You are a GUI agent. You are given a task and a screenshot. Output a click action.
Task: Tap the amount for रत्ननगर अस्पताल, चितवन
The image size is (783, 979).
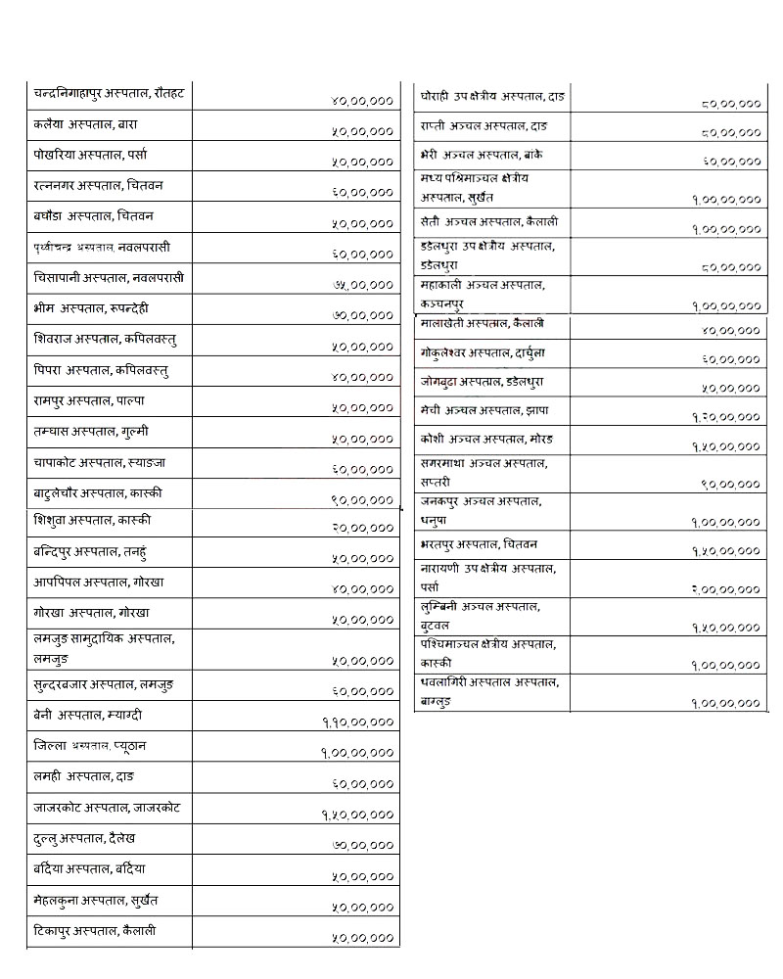pyautogui.click(x=362, y=194)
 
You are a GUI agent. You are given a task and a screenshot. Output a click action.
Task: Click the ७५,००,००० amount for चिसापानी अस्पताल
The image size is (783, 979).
pyautogui.click(x=362, y=285)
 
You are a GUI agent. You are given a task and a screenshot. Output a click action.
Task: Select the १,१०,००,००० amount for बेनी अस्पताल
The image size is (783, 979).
pyautogui.click(x=358, y=723)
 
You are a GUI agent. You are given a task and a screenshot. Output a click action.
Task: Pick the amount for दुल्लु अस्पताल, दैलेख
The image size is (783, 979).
pyautogui.click(x=362, y=845)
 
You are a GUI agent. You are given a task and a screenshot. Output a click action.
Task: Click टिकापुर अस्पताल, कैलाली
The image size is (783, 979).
pyautogui.click(x=94, y=930)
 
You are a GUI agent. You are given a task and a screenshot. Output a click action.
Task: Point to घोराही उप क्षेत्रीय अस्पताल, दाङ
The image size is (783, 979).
pyautogui.click(x=492, y=97)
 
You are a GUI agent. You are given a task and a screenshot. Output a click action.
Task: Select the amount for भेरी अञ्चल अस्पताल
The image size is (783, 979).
pyautogui.click(x=731, y=161)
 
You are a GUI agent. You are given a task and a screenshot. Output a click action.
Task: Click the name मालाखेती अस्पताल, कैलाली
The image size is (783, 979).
pyautogui.click(x=482, y=323)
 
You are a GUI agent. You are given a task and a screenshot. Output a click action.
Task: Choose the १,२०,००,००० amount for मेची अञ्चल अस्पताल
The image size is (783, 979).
pyautogui.click(x=725, y=417)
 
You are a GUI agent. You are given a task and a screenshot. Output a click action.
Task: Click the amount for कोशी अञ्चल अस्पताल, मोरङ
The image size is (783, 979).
pyautogui.click(x=725, y=446)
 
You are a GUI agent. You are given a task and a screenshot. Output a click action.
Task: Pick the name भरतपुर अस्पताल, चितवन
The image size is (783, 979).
pyautogui.click(x=479, y=543)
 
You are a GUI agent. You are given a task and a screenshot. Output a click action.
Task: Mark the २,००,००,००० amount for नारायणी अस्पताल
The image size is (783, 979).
pyautogui.click(x=725, y=589)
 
